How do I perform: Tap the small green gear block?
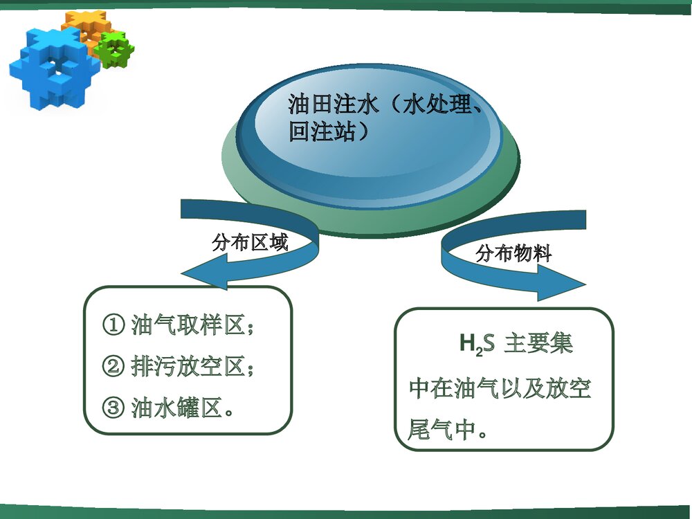(115, 48)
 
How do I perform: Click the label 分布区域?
(249, 243)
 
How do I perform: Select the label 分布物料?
(513, 254)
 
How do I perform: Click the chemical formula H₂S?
(477, 344)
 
